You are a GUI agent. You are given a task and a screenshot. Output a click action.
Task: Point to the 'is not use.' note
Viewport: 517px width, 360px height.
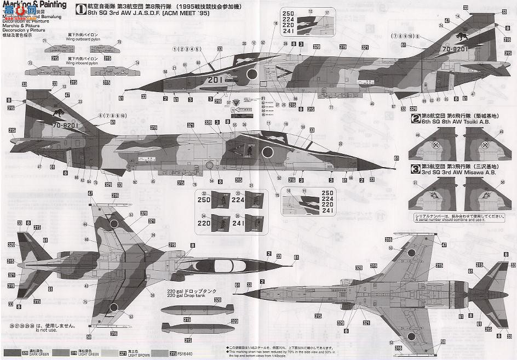click(45, 330)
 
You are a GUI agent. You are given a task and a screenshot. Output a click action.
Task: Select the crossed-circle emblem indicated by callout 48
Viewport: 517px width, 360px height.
click(435, 145)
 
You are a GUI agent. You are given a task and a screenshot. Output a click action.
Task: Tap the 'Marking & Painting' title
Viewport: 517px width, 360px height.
click(34, 5)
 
